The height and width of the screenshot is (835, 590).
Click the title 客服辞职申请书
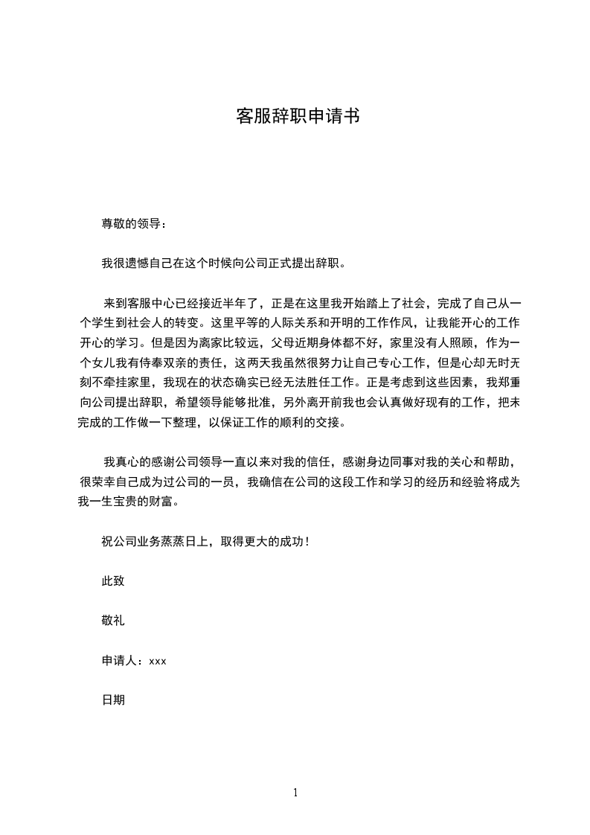click(298, 116)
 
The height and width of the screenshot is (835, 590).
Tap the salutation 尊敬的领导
click(131, 223)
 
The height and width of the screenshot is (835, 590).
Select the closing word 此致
click(113, 580)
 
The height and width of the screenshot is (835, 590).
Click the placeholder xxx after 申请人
click(158, 660)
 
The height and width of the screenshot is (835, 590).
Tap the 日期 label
click(113, 700)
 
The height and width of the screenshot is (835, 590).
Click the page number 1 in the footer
click(295, 793)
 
